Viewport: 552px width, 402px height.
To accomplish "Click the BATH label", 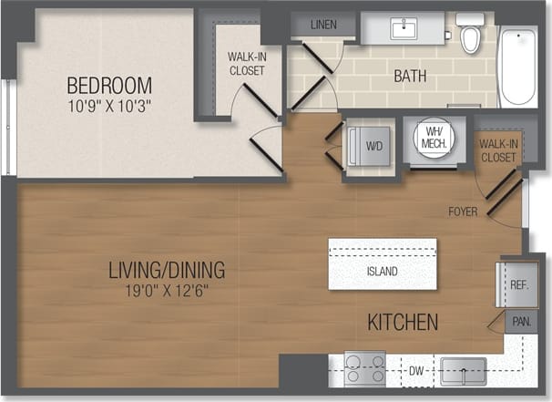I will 410,76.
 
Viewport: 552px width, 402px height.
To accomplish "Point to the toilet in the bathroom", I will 470,34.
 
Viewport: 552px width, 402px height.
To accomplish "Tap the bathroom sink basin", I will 404,28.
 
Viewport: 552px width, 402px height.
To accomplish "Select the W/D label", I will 373,144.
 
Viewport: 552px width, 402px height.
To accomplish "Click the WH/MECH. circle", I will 433,137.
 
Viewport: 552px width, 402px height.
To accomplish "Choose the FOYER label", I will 464,211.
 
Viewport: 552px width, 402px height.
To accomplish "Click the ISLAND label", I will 383,272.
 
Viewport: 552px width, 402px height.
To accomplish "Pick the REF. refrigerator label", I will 519,285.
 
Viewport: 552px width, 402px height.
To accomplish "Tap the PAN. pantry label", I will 521,322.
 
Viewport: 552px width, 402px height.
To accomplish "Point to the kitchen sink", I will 464,370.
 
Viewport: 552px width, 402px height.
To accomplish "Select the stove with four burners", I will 364,368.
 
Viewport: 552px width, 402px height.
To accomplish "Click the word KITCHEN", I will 403,322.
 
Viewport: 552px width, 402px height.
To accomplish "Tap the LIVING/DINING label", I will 167,271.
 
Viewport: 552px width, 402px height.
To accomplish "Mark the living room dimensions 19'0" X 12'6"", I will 167,292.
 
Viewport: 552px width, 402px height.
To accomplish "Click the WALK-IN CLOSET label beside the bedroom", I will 246,63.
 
